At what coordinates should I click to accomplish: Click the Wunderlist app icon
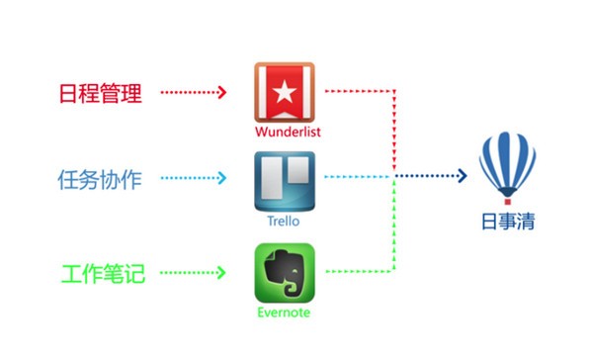click(x=285, y=92)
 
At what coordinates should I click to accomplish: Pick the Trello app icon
click(x=285, y=181)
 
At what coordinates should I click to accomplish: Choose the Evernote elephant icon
click(x=285, y=273)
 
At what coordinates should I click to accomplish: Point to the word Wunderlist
click(x=285, y=132)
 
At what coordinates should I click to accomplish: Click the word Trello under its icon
click(x=285, y=222)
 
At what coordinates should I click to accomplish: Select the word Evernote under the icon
click(x=285, y=314)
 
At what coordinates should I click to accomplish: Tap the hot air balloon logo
click(x=507, y=167)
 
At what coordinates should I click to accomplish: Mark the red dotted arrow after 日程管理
click(x=195, y=94)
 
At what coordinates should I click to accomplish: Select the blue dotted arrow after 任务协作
click(x=195, y=179)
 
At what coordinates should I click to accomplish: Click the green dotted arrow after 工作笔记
click(x=195, y=271)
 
